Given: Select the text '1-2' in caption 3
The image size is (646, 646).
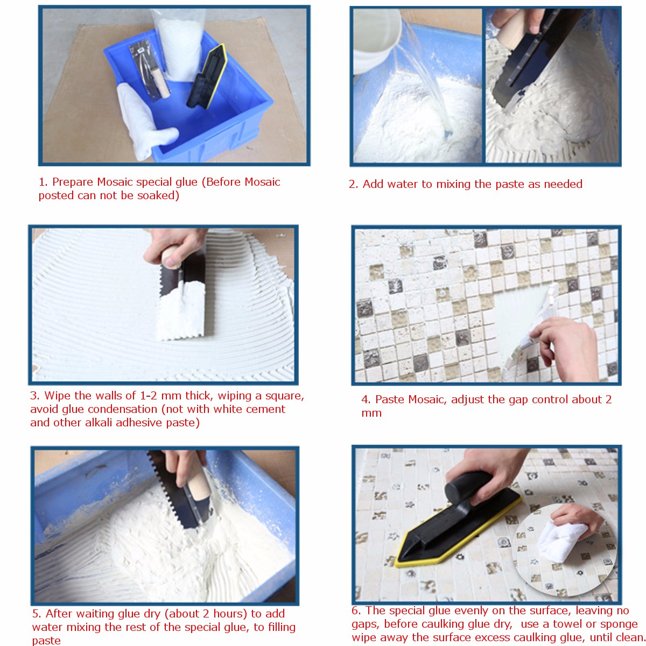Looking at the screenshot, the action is [x=148, y=396].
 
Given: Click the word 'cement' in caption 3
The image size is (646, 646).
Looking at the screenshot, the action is [x=266, y=409].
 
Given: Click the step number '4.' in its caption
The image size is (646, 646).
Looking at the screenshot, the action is [x=366, y=399].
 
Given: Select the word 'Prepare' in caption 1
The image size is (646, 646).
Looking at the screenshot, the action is [x=73, y=182].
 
